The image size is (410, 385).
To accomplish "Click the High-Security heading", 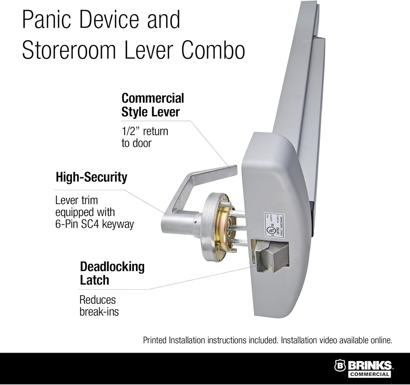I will click(91, 177).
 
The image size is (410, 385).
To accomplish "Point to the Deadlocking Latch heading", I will click(112, 273).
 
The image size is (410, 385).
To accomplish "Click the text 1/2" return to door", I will click(145, 137).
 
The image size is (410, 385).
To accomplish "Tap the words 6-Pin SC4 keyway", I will click(94, 224).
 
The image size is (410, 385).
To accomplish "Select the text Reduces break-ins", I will click(99, 306).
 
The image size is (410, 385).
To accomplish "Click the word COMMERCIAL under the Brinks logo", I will click(369, 374).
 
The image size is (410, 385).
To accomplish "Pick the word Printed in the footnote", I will click(155, 340).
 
